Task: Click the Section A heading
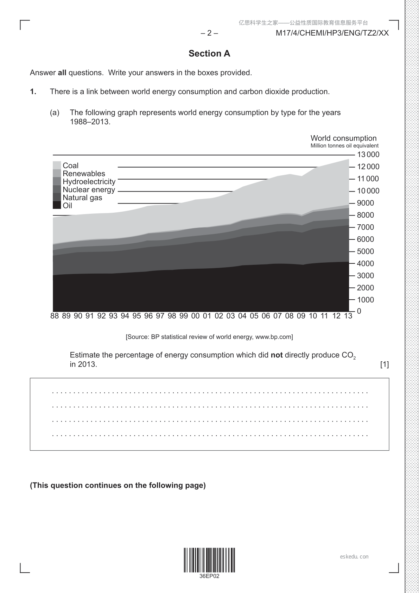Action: point(209,54)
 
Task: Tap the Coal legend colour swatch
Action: point(57,165)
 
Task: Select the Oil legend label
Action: point(67,206)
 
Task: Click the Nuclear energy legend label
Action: point(89,190)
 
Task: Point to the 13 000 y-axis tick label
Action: point(368,155)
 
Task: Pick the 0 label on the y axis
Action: point(359,311)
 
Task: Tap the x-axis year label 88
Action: point(55,316)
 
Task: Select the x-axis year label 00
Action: point(195,316)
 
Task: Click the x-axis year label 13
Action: point(348,316)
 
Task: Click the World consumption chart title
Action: point(343,138)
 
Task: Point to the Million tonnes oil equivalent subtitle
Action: point(344,146)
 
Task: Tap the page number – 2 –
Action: point(209,33)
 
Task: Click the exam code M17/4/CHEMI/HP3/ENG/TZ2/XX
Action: point(332,33)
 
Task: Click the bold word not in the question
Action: point(277,355)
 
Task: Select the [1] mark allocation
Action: point(385,364)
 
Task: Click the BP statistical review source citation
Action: point(209,337)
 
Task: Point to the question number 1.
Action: point(33,92)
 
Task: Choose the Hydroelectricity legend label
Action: point(89,182)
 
